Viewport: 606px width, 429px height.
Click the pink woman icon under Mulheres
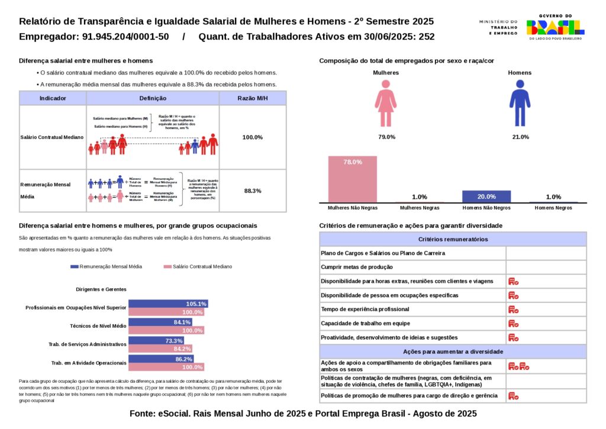(386, 104)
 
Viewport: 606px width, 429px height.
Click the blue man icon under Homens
(520, 104)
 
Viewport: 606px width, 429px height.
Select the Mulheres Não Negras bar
(352, 179)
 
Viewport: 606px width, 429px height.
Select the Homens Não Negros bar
(486, 196)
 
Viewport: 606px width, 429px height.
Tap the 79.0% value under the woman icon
(386, 137)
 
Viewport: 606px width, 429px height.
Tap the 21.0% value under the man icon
(520, 137)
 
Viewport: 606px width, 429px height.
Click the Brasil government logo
(555, 27)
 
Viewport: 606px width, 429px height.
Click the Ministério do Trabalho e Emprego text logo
(498, 27)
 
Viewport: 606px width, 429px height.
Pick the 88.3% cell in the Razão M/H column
(253, 191)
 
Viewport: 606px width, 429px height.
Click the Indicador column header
(53, 98)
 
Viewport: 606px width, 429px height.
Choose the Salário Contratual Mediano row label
(52, 137)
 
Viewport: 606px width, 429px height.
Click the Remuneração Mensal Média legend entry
(107, 267)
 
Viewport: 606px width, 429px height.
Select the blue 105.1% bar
(168, 304)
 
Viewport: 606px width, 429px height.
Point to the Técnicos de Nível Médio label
(98, 326)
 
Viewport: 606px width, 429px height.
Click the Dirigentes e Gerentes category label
(101, 289)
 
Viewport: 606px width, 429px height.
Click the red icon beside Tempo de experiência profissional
(513, 309)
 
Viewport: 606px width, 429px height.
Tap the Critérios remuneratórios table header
(453, 239)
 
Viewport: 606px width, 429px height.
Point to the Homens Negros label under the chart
(553, 208)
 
